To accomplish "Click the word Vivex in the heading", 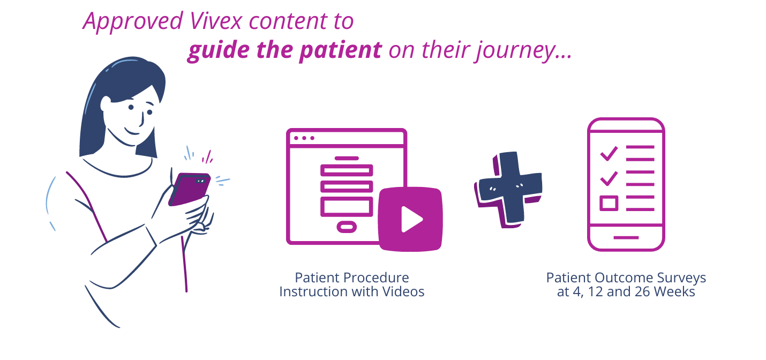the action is click(x=216, y=21).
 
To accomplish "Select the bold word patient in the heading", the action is click(x=341, y=51).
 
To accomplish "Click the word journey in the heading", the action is click(x=515, y=51).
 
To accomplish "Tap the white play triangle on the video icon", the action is click(x=412, y=219).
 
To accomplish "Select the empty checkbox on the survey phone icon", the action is click(x=609, y=203).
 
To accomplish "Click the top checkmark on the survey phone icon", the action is click(x=609, y=153).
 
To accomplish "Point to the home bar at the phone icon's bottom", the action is click(x=626, y=237).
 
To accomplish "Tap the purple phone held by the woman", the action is click(x=189, y=189).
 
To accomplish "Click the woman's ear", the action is click(x=106, y=104).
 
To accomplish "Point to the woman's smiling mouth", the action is click(x=131, y=132).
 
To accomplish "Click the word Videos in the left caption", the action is click(x=403, y=291).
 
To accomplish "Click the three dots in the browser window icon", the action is click(x=304, y=138).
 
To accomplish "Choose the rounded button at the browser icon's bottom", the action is click(x=347, y=227).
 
